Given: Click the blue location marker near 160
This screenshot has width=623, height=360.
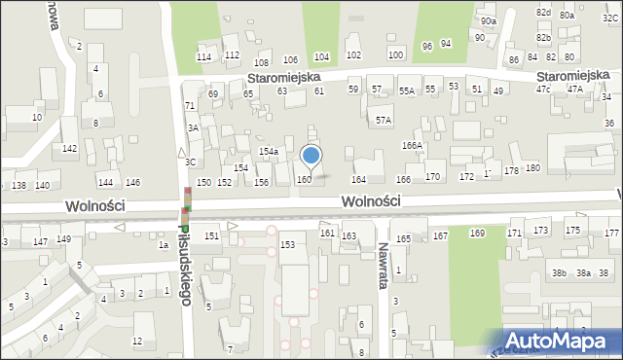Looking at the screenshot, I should (x=311, y=156).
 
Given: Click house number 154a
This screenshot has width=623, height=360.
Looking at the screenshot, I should (x=269, y=152).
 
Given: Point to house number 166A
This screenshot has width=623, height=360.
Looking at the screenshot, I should (x=413, y=145).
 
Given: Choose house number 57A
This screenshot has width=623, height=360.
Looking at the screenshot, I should (x=384, y=121).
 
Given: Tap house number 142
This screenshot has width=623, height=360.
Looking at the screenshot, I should (x=69, y=148).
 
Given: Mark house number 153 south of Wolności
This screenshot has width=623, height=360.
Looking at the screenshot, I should (x=287, y=244).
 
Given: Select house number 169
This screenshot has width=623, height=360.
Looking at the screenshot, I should (x=477, y=234).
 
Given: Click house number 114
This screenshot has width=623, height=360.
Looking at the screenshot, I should (x=203, y=57).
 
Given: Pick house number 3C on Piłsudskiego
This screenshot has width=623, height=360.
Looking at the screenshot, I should (x=191, y=162).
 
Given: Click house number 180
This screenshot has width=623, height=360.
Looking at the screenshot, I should (x=532, y=168).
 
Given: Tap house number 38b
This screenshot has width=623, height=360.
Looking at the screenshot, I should (x=559, y=273).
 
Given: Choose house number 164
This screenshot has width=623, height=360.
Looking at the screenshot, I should (x=358, y=179).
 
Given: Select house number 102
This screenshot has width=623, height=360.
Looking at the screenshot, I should (x=353, y=55).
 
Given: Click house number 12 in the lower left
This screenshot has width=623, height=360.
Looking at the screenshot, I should (x=137, y=341).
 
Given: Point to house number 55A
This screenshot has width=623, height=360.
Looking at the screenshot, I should (x=406, y=90).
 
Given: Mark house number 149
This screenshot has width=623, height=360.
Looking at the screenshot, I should (x=63, y=239).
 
